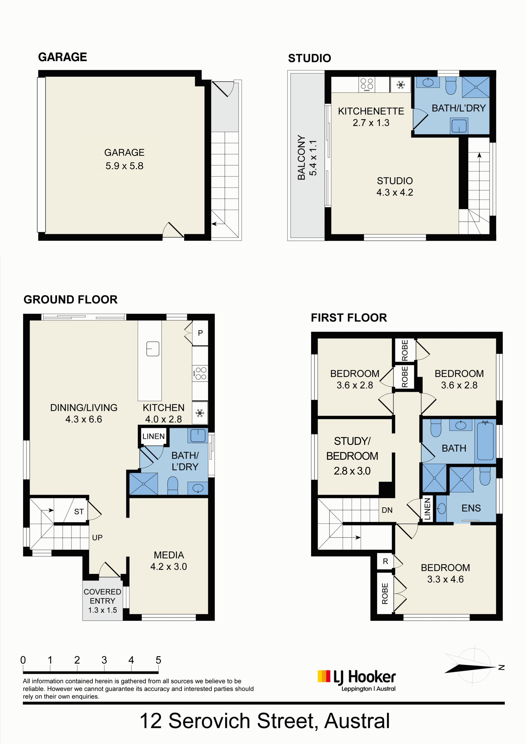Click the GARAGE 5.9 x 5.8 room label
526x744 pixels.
(x=124, y=159)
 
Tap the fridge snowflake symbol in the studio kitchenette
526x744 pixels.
(x=401, y=85)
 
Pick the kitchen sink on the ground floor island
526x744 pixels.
(x=153, y=349)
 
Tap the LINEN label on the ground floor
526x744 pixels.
(x=153, y=436)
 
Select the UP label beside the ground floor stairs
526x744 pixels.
(x=97, y=538)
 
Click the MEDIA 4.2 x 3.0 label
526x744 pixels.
(x=169, y=561)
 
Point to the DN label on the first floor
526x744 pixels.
(x=387, y=510)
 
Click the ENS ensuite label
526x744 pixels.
(x=471, y=508)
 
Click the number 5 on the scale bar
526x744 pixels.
(x=158, y=660)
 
